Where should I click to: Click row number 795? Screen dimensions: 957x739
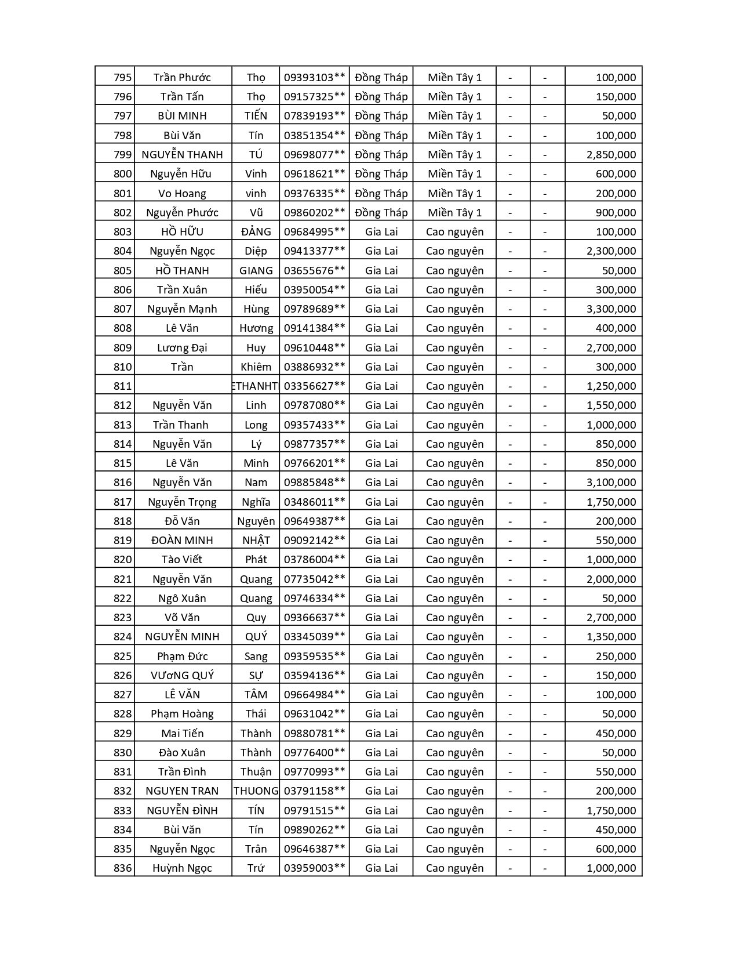point(122,77)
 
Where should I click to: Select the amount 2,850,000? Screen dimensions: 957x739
point(611,154)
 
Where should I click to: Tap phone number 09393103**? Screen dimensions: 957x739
point(314,77)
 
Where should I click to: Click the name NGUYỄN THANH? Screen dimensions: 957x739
point(182,154)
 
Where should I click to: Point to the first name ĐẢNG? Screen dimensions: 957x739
point(256,231)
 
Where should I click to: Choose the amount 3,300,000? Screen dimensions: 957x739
point(611,309)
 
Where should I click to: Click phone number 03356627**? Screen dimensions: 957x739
point(314,386)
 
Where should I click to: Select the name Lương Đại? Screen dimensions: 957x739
point(182,347)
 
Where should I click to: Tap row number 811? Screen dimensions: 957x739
point(122,386)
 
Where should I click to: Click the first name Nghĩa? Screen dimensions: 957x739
point(256,502)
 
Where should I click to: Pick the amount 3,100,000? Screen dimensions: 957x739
point(611,482)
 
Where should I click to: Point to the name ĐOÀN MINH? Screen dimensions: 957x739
point(182,540)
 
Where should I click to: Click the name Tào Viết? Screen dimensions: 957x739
point(182,559)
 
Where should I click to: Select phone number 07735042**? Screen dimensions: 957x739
point(314,579)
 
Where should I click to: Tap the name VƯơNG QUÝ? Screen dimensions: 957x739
point(182,675)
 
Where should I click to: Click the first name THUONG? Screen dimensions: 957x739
point(256,791)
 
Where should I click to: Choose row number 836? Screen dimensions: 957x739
point(122,868)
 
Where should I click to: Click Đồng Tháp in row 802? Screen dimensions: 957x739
point(381,212)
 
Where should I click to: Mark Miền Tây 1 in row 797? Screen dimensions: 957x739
point(454,115)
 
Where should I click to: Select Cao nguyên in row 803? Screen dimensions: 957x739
point(454,231)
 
